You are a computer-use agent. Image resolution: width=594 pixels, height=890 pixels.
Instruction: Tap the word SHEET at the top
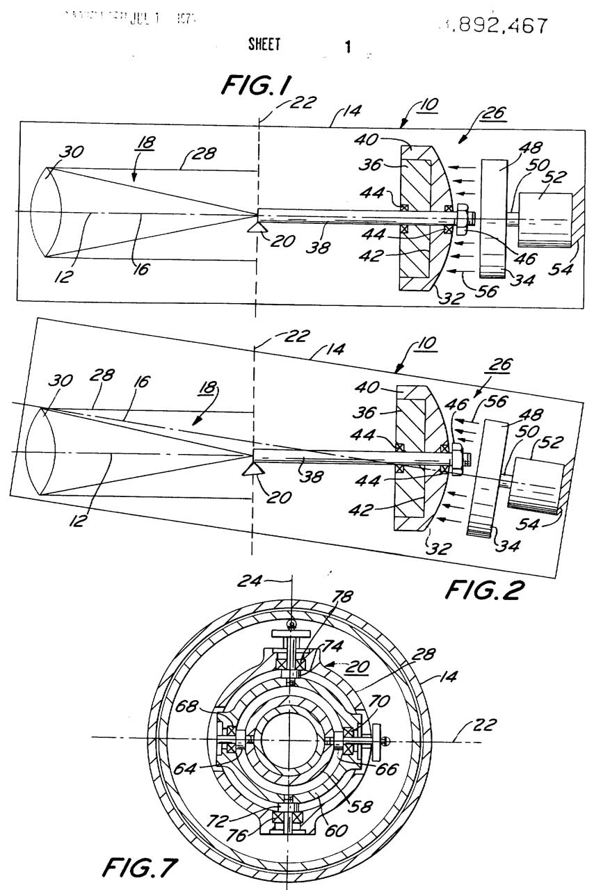[x=264, y=45]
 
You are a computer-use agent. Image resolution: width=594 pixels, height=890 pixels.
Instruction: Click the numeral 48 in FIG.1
[x=517, y=148]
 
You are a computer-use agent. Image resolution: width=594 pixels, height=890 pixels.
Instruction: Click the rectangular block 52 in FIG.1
[x=545, y=218]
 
